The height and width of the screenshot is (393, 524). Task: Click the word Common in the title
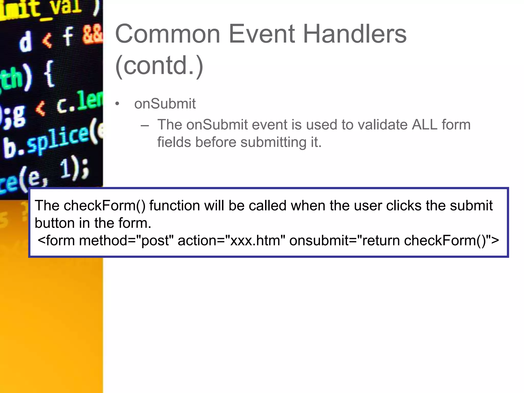click(x=168, y=34)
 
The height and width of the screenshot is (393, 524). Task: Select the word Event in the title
click(x=261, y=34)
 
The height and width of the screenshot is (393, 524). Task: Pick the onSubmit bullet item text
click(x=165, y=104)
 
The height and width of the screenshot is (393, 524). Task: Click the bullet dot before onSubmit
click(x=117, y=104)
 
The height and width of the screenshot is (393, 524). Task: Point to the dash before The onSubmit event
click(x=145, y=125)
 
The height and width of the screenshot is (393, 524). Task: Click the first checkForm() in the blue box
click(x=104, y=205)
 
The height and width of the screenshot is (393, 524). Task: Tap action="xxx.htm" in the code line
click(x=231, y=241)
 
